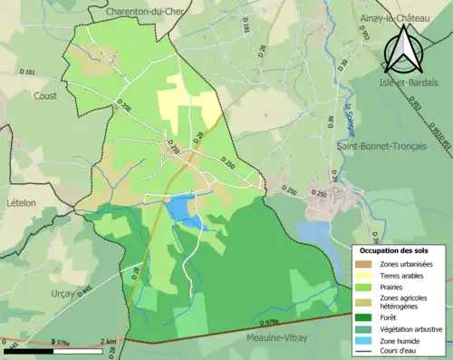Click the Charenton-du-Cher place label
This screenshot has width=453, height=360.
(145, 11)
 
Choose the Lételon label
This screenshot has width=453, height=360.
(22, 203)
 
